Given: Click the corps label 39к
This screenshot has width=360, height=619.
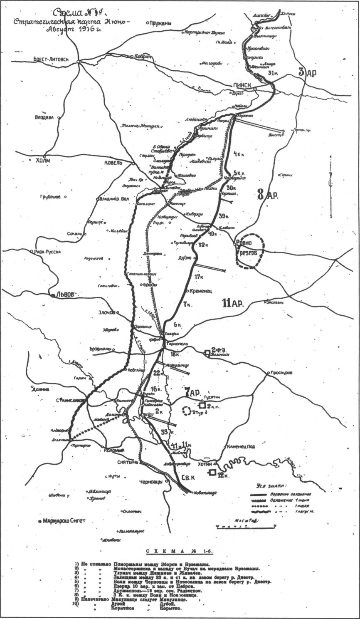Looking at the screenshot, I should click(x=224, y=215).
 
